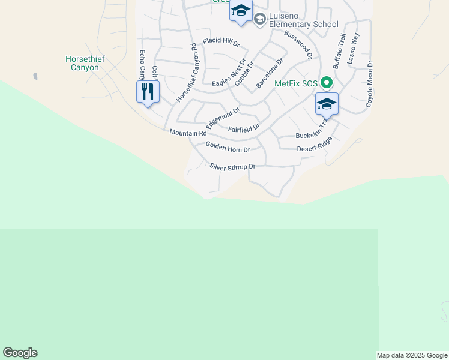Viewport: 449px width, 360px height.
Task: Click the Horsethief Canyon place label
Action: point(82,63)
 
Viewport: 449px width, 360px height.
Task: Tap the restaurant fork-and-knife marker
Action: point(147,92)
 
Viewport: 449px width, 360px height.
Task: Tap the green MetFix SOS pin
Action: point(326,83)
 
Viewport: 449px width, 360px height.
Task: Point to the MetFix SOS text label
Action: point(296,84)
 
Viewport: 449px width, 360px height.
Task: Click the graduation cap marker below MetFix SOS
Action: point(327,104)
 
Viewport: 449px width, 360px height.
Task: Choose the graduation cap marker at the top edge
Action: point(241,11)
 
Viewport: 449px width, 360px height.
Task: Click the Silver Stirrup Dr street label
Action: point(233,167)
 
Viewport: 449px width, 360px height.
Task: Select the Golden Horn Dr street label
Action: point(228,147)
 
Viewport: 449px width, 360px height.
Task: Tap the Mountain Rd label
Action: point(188,133)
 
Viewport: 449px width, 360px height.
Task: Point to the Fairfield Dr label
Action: point(244,128)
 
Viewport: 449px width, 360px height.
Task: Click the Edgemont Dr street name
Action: point(223,118)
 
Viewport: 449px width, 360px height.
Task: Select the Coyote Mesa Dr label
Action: point(370,84)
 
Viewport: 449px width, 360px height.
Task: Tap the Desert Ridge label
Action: point(314,145)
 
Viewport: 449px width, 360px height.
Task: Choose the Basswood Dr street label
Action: point(298,44)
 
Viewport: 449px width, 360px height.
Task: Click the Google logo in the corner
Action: point(20,353)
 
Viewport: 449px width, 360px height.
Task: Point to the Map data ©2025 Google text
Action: point(412,355)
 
